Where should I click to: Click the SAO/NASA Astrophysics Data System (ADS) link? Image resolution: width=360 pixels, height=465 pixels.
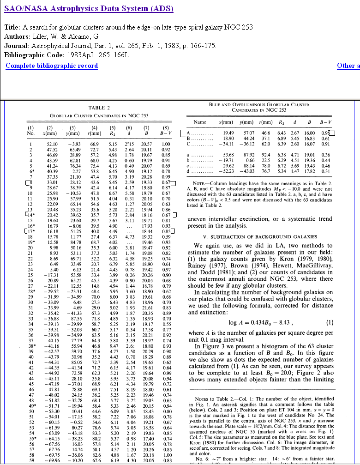[89, 9]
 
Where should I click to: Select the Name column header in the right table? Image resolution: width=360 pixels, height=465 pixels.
[200, 122]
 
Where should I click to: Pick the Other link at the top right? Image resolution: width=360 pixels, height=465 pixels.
[348, 65]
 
